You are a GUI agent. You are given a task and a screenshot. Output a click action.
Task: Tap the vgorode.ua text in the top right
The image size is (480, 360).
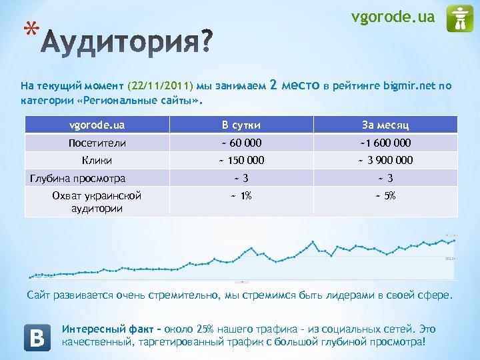pos(393,17)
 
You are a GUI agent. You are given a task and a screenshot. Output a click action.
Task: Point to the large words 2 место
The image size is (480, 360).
pos(295,85)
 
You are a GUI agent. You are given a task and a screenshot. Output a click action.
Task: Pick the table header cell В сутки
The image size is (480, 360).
pos(241,125)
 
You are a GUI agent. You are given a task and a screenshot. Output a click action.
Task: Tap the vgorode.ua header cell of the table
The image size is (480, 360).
pos(97,125)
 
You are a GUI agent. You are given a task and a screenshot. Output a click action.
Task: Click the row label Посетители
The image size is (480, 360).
pos(97,143)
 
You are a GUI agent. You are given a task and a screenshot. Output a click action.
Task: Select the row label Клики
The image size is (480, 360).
pos(97,160)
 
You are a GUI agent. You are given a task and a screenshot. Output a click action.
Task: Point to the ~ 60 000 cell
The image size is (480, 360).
pos(241,143)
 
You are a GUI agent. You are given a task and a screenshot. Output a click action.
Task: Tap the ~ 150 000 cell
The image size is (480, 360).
pos(241,160)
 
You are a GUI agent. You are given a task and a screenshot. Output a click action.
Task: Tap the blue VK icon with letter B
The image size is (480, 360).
pos(37,337)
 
